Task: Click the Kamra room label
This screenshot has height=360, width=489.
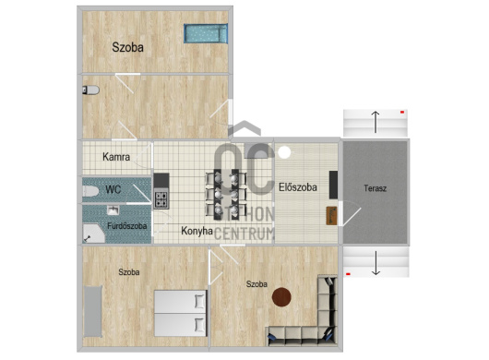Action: pos(115,157)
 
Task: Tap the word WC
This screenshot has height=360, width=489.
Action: pos(113,189)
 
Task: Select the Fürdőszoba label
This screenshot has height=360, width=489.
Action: pos(128,226)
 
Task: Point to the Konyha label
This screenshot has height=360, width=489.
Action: pos(198,231)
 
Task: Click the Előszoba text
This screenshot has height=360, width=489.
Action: pos(298,187)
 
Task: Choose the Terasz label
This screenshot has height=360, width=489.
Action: pos(375,187)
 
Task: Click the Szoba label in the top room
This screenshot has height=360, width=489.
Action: pos(128,46)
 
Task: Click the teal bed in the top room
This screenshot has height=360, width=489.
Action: pos(205,34)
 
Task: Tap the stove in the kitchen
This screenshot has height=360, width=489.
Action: pos(161,198)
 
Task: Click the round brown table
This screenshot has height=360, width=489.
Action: pos(281,297)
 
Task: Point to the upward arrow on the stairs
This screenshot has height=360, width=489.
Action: pos(375,119)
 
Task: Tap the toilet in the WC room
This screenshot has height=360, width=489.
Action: pos(89,190)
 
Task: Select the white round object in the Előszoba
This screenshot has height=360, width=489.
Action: pos(284,151)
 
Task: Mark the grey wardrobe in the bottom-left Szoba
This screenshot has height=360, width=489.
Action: pos(93,314)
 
